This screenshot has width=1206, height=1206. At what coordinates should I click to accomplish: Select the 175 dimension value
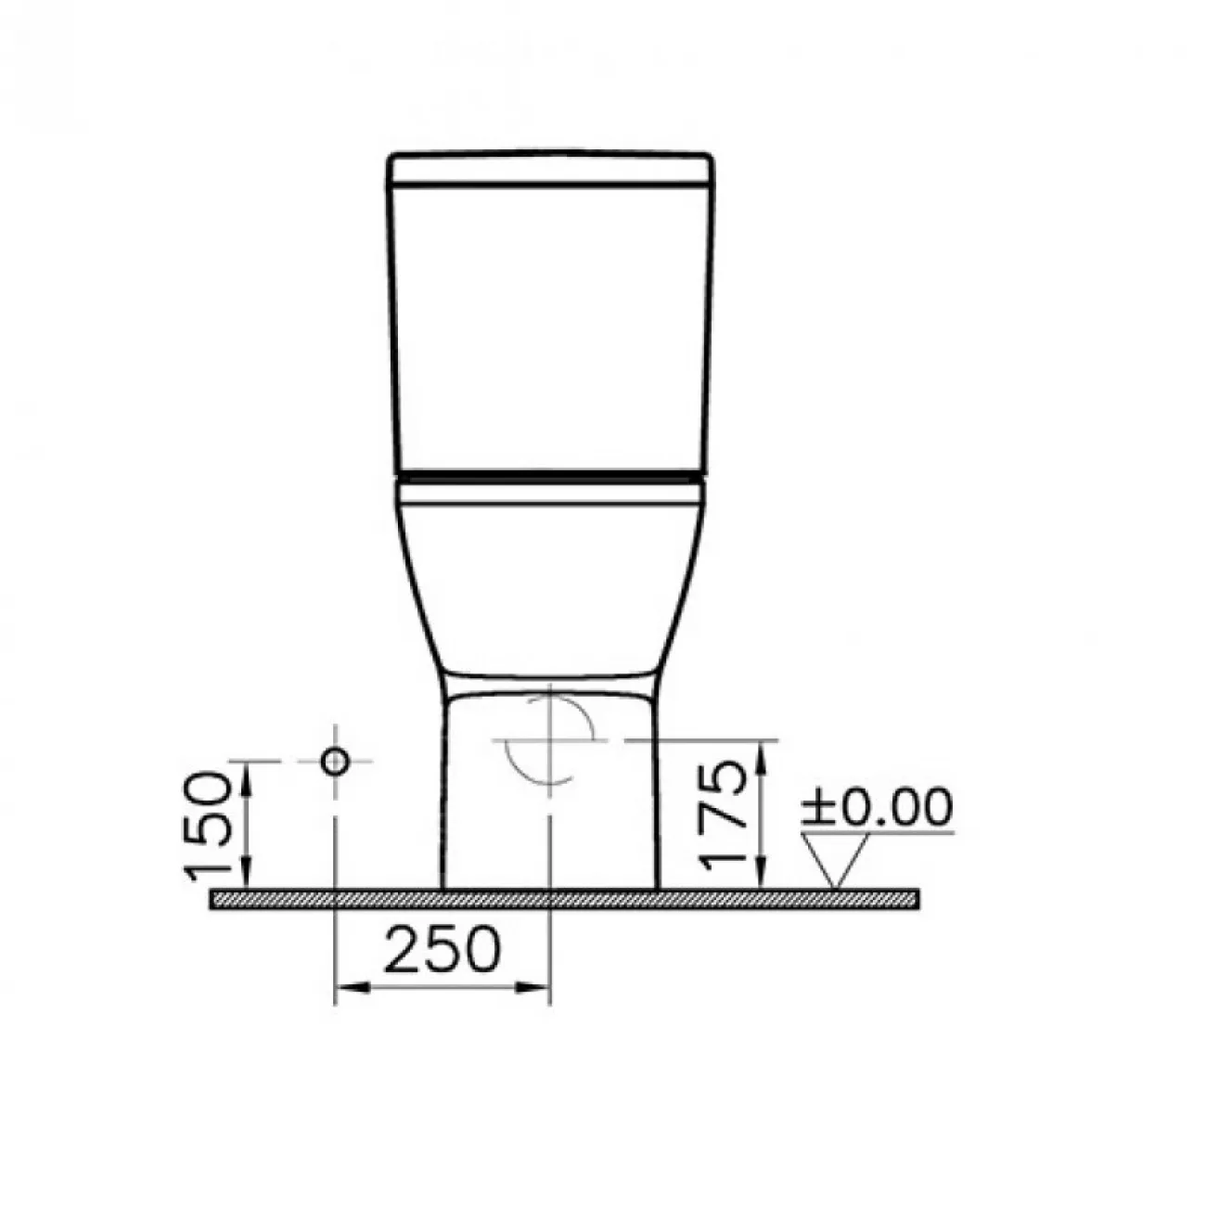(723, 815)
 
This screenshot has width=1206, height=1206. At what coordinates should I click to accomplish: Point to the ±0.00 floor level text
(878, 807)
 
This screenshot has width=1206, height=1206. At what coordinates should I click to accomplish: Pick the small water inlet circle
(335, 761)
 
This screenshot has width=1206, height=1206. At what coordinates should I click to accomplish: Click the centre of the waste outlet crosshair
(550, 740)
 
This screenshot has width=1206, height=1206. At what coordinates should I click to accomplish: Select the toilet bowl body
(550, 588)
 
